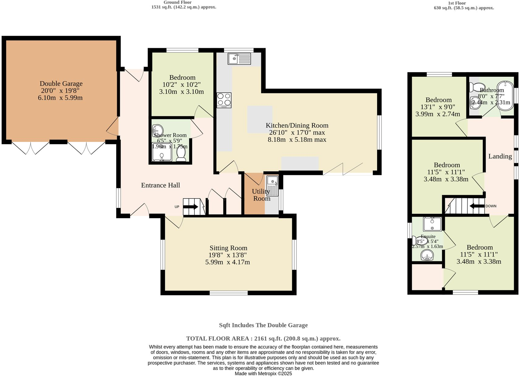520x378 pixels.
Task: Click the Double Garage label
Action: point(61,84)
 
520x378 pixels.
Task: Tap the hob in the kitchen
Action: point(224,100)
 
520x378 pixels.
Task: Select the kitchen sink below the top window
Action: point(239,58)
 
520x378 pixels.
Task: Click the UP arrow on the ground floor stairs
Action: point(191,207)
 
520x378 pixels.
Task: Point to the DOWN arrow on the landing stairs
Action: point(477,206)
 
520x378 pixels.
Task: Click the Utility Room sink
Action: point(272,186)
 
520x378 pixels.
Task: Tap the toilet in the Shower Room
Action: point(181,154)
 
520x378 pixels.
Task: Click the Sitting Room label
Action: point(228,248)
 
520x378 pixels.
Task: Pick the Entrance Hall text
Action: point(160,185)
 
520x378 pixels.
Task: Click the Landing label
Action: point(500,156)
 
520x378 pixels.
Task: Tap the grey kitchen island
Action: point(260,119)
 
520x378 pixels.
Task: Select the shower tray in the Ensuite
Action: point(432,224)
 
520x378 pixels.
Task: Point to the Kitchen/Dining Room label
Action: point(297,125)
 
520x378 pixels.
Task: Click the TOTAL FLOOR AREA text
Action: point(263,339)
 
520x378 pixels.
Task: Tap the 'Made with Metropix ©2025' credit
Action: point(263,374)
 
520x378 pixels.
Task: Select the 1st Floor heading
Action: point(457,3)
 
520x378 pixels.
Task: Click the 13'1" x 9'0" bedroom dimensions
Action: point(438,107)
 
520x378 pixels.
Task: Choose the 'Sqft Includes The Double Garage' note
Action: point(263,325)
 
